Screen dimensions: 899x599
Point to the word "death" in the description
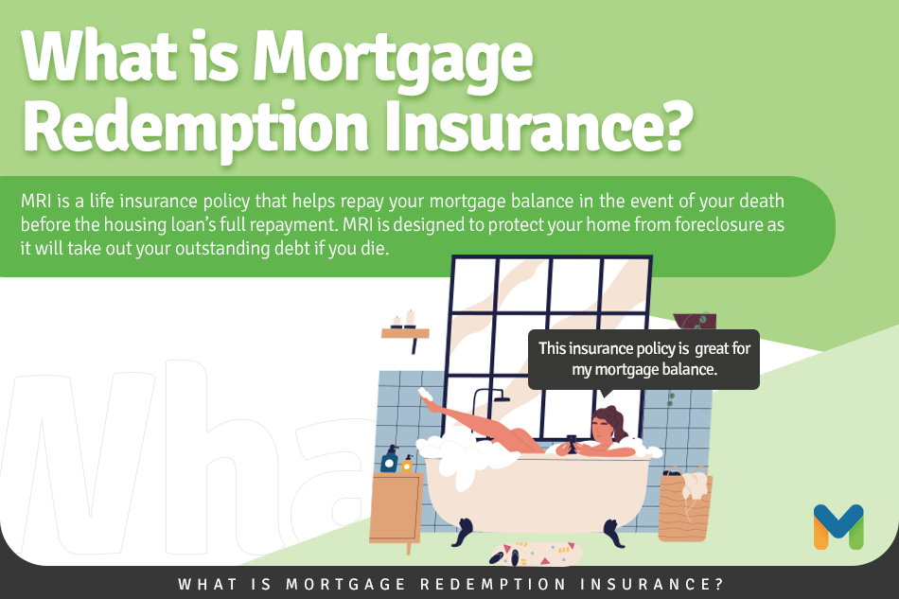point(762,202)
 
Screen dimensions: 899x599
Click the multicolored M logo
point(838,527)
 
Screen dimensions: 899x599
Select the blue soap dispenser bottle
point(389,459)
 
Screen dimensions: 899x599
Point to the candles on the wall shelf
point(404,319)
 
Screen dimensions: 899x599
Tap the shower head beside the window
point(502,398)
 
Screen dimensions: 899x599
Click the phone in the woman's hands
point(572,442)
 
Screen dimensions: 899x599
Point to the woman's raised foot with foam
point(426,395)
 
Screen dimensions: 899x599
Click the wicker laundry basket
point(685,505)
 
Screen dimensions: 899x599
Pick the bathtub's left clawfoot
point(463,532)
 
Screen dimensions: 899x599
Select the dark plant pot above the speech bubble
point(695,321)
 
